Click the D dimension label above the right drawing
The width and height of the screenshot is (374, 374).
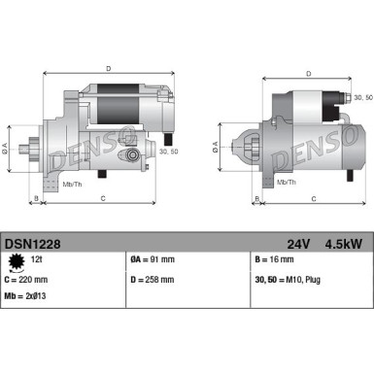(308, 73)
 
